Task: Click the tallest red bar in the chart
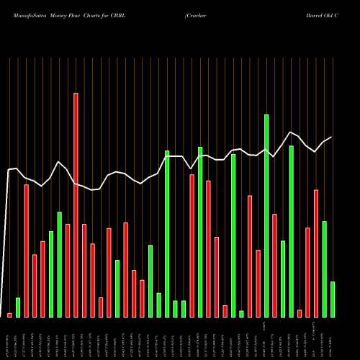point(76,205)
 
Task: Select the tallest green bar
point(266,215)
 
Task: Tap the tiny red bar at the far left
point(9,315)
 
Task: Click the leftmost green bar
point(18,307)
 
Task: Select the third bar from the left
point(27,251)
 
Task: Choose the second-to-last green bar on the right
point(324,269)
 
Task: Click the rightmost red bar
point(316,253)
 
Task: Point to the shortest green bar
point(241,313)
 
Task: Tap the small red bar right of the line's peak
point(300,313)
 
